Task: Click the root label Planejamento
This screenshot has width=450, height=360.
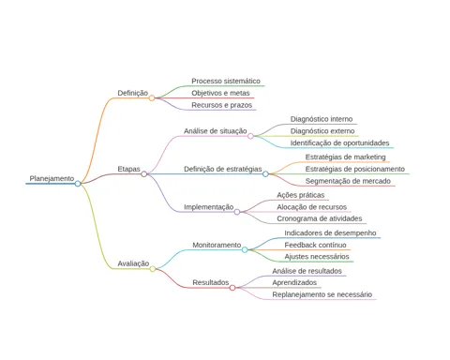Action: pos(52,179)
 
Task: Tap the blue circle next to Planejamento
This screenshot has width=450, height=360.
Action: pos(78,184)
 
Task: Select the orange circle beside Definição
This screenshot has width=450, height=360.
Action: pos(152,98)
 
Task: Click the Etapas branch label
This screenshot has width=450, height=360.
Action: pos(128,169)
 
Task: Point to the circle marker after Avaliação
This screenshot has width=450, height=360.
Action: pos(153,269)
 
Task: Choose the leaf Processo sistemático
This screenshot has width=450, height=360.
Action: pos(226,82)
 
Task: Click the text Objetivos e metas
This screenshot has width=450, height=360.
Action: pos(220,93)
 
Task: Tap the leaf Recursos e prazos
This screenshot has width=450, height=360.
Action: pos(222,105)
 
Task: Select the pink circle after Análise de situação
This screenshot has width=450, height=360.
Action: pos(250,136)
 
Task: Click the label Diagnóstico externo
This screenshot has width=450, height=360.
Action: pos(322,131)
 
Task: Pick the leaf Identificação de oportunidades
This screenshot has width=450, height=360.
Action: pos(339,143)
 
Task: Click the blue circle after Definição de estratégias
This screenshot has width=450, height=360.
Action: pos(265,174)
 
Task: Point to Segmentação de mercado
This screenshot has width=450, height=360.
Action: pos(348,181)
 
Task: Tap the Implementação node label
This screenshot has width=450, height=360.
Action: pos(209,207)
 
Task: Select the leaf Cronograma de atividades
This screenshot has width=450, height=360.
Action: pos(320,218)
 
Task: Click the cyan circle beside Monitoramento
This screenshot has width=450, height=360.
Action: pos(245,249)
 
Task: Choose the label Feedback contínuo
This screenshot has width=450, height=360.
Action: pos(315,245)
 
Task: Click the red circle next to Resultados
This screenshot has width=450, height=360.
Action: pos(232,288)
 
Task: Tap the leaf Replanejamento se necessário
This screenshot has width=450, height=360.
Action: pos(322,294)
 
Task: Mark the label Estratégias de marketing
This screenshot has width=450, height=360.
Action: pos(345,157)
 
